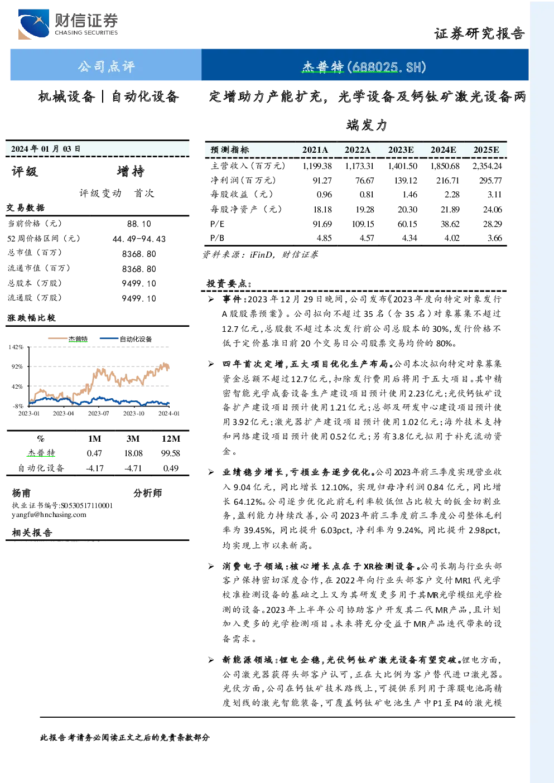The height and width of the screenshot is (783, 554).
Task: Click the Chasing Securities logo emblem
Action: coord(33,24)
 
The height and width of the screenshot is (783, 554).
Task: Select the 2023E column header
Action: coord(401,150)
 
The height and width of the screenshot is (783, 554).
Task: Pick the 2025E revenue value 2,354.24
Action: coord(487,166)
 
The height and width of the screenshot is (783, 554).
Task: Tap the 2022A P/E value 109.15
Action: coord(363,224)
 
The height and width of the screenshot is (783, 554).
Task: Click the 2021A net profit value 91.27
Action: coord(322,180)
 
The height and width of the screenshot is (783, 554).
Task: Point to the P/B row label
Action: coord(217,238)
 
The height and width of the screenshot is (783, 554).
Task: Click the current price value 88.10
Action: coord(139,224)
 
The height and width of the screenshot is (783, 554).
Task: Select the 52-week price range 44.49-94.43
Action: coord(139,239)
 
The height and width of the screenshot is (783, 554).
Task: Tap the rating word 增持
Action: coord(131,171)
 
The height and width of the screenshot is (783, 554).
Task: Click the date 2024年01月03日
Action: coord(46,149)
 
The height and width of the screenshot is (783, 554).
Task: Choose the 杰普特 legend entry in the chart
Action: coord(68,339)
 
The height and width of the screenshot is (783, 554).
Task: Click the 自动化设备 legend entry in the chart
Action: coord(126,339)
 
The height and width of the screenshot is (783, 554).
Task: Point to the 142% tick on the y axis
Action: coord(16,347)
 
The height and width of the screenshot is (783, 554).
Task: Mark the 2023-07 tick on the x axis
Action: coord(99,413)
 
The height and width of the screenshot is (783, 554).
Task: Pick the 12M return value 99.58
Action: coord(170,453)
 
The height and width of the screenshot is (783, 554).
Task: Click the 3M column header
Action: coord(133,439)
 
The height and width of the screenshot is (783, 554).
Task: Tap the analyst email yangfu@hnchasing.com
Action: coord(49,515)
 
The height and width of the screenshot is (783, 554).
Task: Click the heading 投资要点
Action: coord(227,283)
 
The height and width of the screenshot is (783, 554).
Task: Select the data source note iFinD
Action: coord(260,254)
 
